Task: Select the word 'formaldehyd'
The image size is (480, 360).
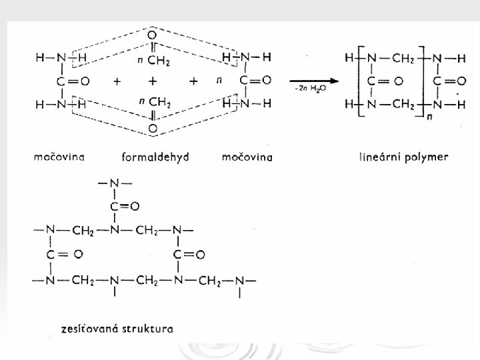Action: pyautogui.click(x=155, y=158)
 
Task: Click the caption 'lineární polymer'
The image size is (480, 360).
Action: pyautogui.click(x=403, y=158)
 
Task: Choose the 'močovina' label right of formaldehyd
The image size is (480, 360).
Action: pyautogui.click(x=247, y=158)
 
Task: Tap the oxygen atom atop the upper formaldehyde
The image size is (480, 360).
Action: pyautogui.click(x=153, y=35)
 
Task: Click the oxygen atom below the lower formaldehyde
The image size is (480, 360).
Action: pyautogui.click(x=153, y=127)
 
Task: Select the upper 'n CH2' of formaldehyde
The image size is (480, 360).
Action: pyautogui.click(x=154, y=61)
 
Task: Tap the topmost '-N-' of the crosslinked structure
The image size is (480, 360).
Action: pyautogui.click(x=113, y=183)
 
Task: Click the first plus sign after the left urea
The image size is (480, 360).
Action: pyautogui.click(x=117, y=81)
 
